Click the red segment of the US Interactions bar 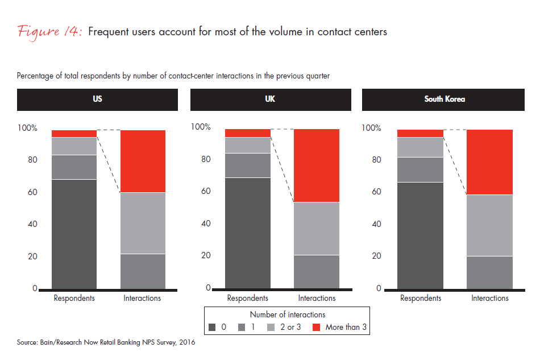click(143, 161)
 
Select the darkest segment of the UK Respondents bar click(247, 233)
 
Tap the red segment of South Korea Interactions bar click(489, 162)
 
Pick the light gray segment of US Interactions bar click(143, 223)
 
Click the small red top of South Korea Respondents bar click(420, 133)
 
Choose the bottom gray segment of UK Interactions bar click(317, 272)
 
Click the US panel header click(97, 99)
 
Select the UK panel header click(271, 99)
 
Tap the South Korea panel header click(444, 99)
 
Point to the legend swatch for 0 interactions click(212, 327)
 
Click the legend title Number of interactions click(287, 314)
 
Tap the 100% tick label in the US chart click(27, 129)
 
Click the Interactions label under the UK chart click(317, 298)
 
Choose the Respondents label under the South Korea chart click(420, 298)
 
